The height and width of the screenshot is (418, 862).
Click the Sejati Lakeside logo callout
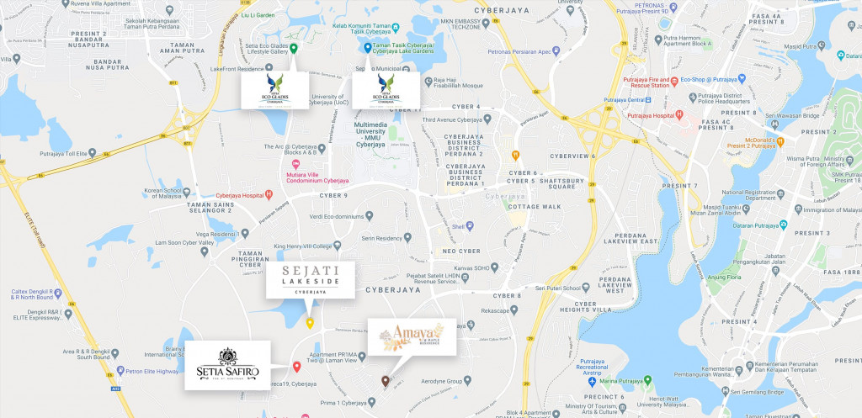point(310,279)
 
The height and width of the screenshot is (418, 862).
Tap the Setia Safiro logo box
point(227,366)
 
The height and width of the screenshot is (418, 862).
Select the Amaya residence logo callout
point(412,339)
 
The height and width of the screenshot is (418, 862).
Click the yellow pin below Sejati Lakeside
point(310,323)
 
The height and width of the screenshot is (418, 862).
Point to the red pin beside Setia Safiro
point(296,366)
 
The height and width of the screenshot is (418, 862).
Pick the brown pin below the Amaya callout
point(386,381)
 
